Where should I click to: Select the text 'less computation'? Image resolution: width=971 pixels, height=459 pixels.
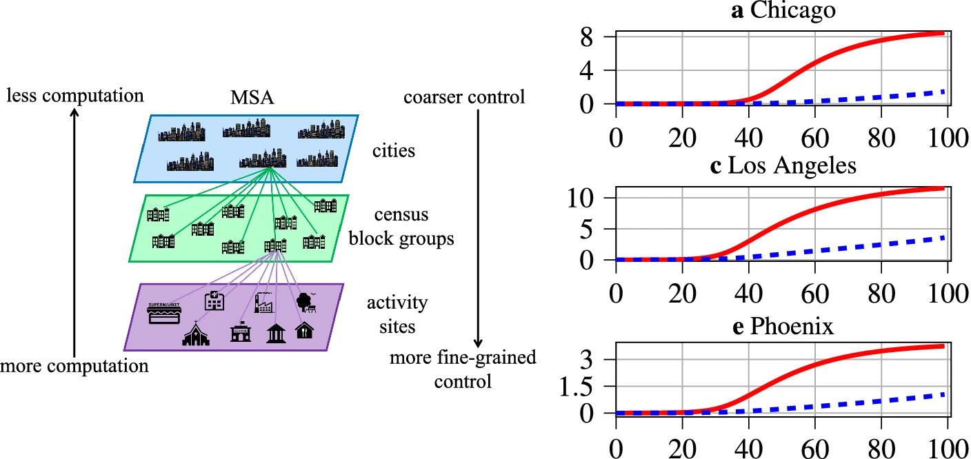(75, 95)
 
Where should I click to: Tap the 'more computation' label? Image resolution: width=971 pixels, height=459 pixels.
(74, 365)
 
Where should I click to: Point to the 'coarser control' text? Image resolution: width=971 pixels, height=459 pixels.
(463, 97)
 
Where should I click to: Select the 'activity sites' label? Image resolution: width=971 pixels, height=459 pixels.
(397, 314)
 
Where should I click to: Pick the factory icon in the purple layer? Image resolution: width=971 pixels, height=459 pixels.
(265, 302)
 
